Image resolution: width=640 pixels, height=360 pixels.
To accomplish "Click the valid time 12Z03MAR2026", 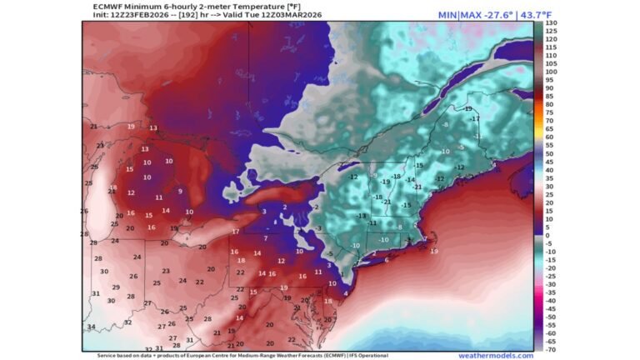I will click(x=274, y=15).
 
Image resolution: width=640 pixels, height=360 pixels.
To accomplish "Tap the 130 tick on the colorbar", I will click(x=551, y=23).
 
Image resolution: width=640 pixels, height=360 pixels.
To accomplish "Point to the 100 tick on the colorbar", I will click(x=551, y=72).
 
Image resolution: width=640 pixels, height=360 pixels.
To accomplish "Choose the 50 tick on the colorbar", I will click(x=551, y=153).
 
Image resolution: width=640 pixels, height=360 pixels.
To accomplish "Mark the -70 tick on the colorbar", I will click(x=551, y=349).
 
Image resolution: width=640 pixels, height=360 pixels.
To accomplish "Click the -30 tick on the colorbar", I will click(x=551, y=284).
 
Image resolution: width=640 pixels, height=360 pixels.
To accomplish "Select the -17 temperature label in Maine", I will click(x=475, y=119).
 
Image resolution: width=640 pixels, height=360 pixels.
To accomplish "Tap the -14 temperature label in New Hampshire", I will click(x=409, y=180).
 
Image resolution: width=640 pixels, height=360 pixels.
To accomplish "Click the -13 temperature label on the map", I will click(x=361, y=216).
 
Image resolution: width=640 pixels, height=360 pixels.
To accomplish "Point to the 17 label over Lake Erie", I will click(x=236, y=231).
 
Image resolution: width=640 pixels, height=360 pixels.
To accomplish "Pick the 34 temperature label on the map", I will click(x=91, y=327).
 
